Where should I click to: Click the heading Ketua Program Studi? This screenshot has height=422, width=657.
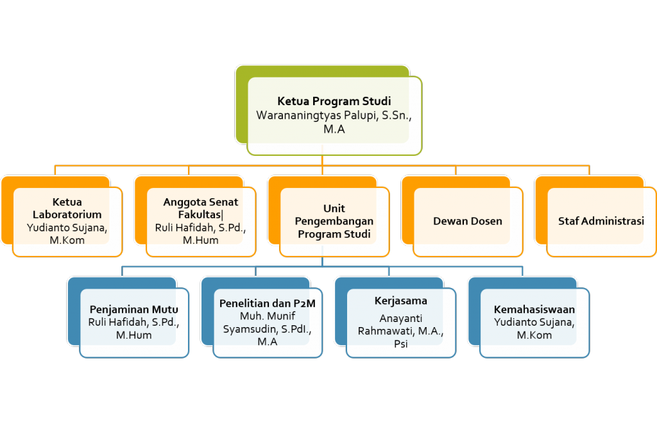tap(334, 101)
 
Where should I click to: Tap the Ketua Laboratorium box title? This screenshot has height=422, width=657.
tap(67, 208)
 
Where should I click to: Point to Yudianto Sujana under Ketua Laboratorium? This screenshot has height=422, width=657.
tap(67, 227)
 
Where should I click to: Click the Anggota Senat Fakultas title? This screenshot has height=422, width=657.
tap(201, 208)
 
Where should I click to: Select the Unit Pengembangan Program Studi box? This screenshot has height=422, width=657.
tap(334, 221)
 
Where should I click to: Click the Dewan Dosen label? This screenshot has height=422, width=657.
tap(467, 221)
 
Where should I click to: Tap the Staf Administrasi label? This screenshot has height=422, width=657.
tap(601, 221)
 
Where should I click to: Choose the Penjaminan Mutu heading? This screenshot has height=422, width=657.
tap(133, 310)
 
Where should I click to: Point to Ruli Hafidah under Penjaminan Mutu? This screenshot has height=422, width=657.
tap(119, 322)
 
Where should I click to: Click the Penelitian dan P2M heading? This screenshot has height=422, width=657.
tap(267, 303)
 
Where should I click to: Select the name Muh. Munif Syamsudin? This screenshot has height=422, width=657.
tap(267, 323)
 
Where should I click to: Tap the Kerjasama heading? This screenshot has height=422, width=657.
tap(400, 301)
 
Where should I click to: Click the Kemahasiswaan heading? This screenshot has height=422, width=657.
tap(534, 310)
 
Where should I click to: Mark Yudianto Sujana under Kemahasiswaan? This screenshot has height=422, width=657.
tap(534, 322)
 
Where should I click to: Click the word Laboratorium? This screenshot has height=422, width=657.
tap(67, 215)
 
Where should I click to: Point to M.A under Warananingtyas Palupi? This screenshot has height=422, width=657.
tap(334, 130)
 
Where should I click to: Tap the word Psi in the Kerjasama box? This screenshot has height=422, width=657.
tap(400, 344)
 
